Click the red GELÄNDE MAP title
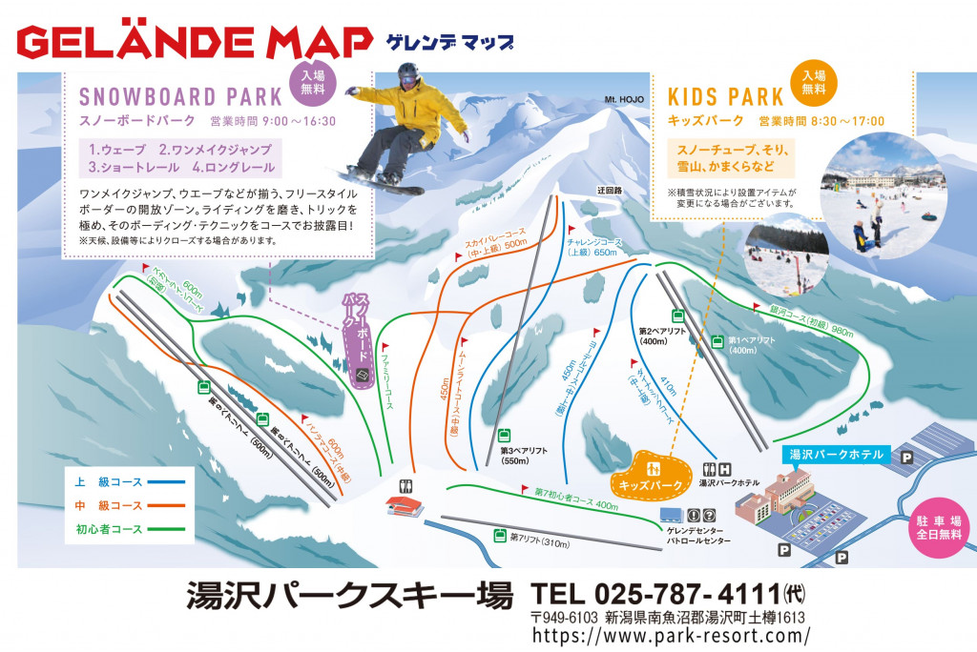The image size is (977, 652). click(x=195, y=41)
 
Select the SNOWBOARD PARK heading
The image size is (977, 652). click(x=180, y=96)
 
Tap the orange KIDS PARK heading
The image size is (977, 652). click(x=725, y=96)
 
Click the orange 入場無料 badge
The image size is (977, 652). click(x=813, y=82)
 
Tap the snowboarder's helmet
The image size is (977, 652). click(x=408, y=72)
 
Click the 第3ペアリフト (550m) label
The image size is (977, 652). click(x=521, y=455)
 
